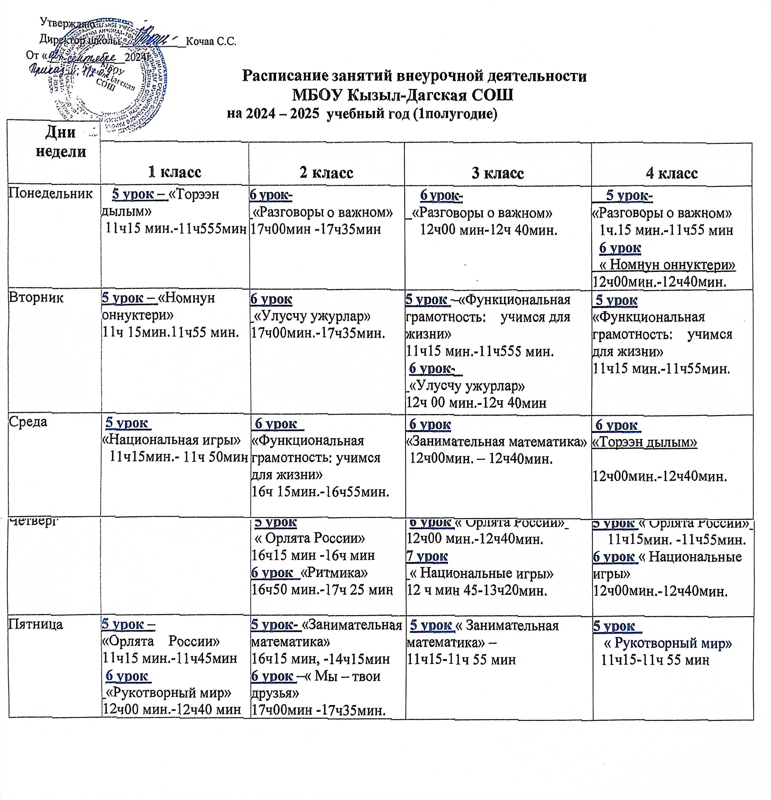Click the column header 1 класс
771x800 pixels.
pos(175,173)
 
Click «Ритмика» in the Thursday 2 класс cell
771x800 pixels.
pos(334,573)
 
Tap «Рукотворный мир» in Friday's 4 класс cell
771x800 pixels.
pos(668,644)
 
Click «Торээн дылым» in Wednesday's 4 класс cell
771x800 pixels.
pos(645,442)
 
